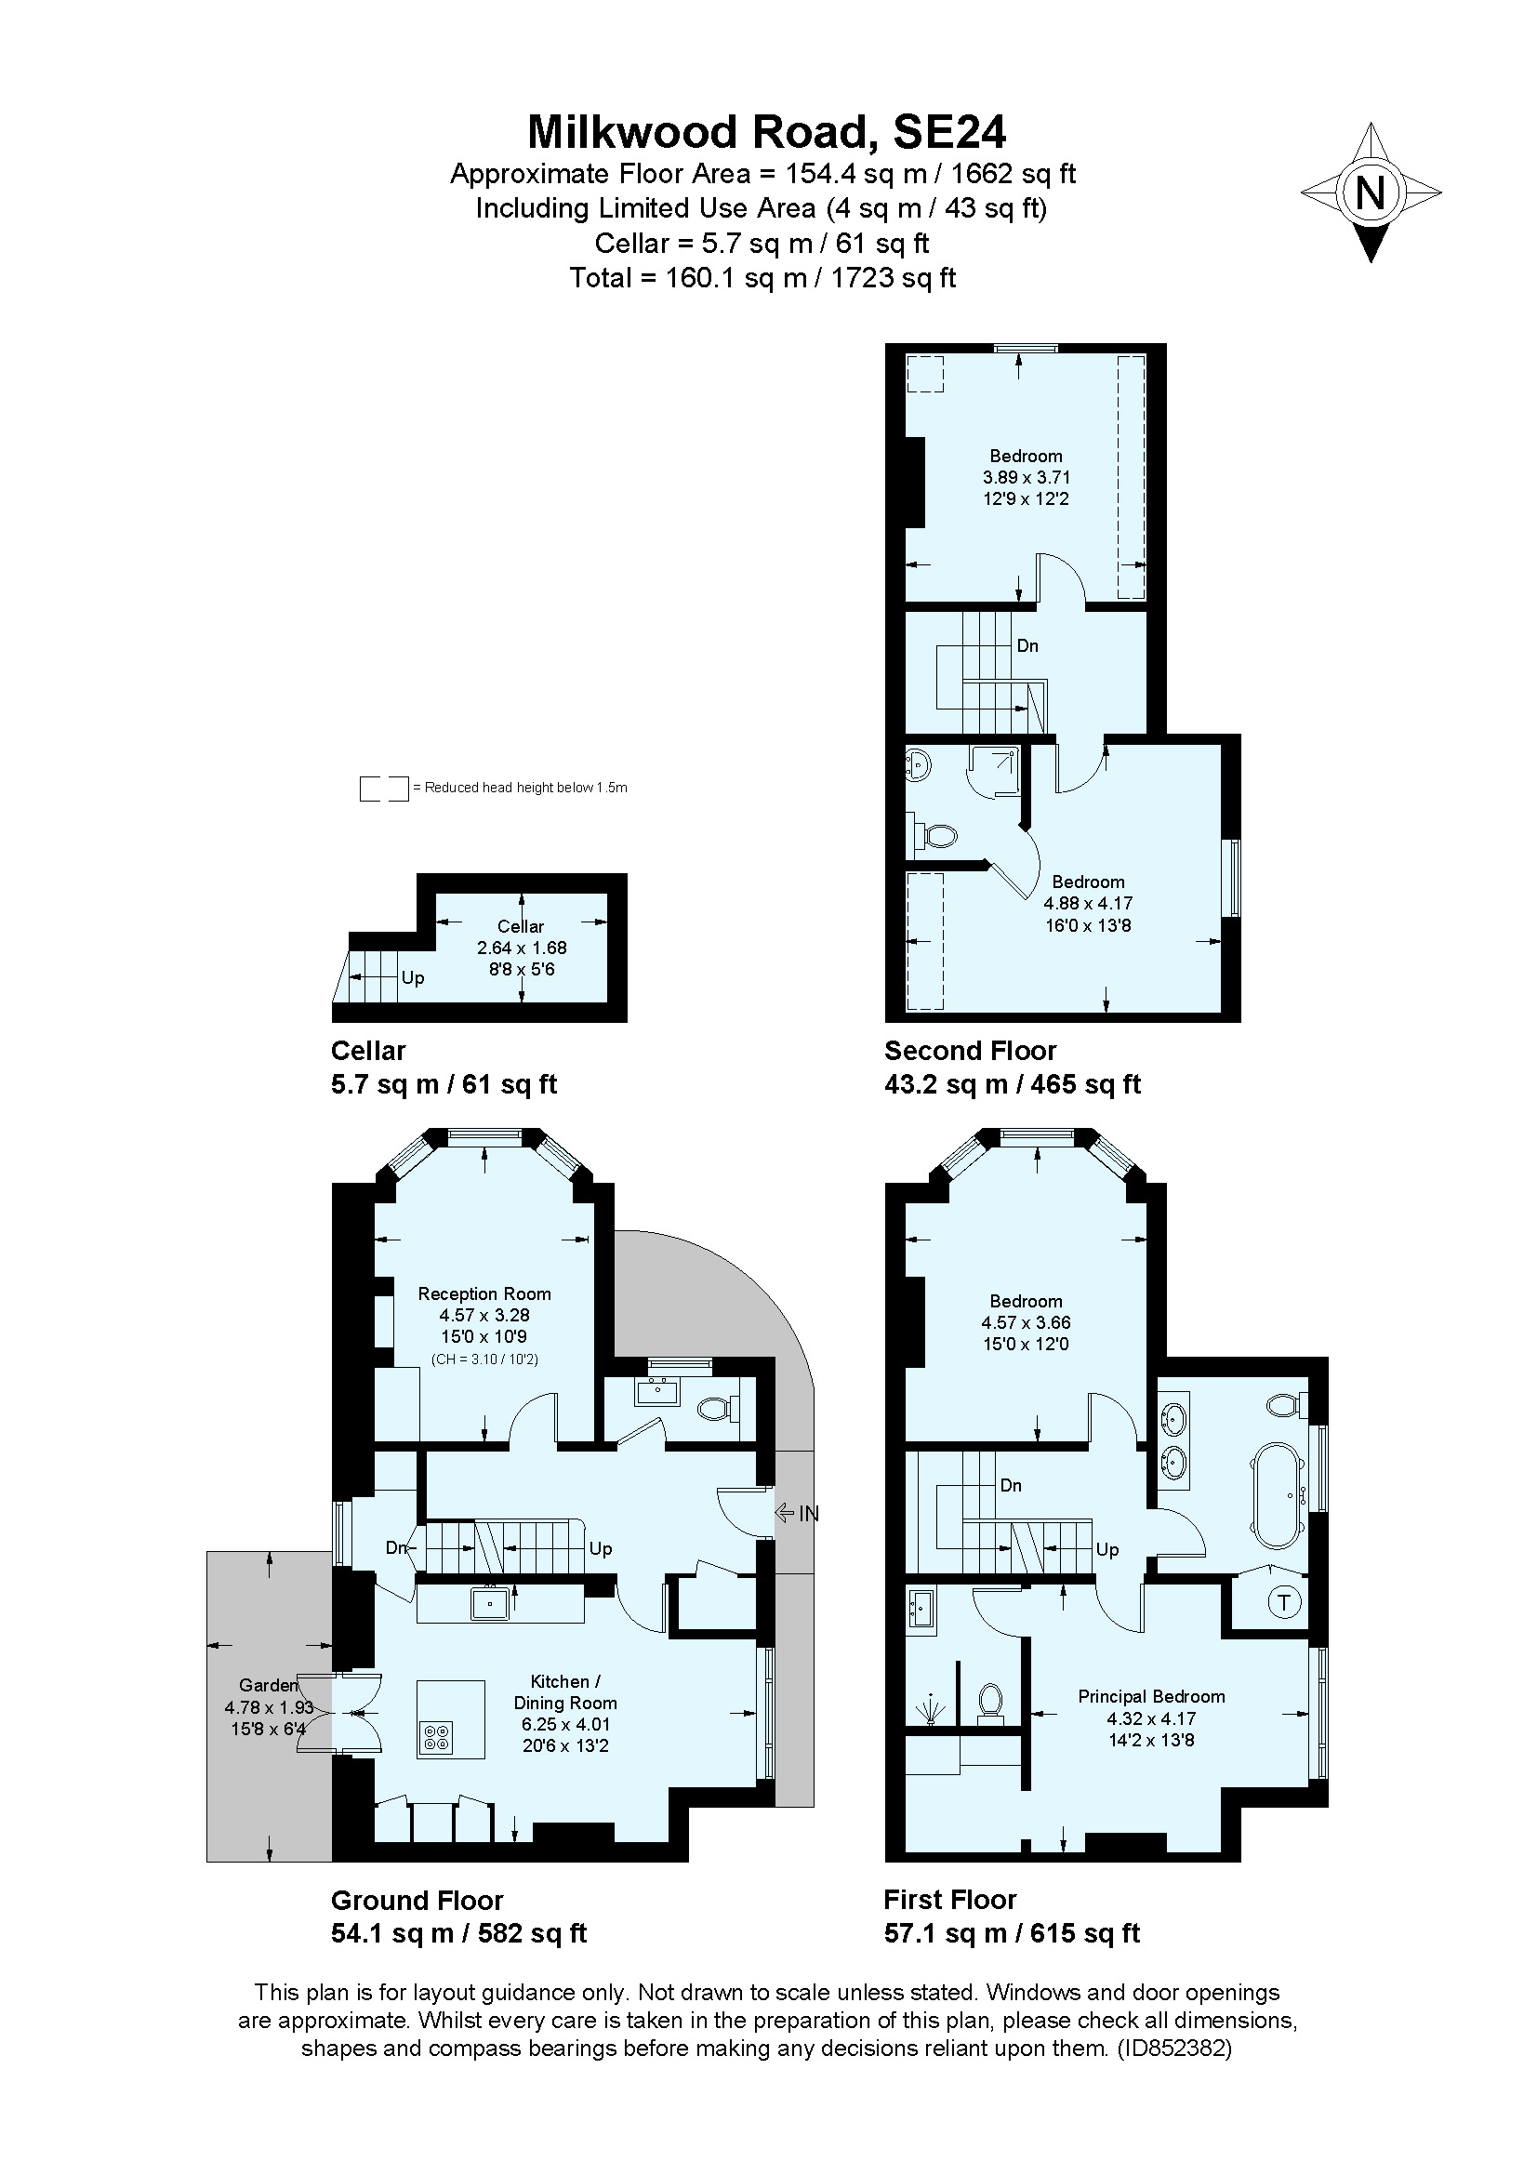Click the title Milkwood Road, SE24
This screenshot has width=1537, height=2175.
[766, 133]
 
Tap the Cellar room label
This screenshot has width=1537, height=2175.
[520, 925]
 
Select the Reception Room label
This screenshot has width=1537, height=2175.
[484, 1293]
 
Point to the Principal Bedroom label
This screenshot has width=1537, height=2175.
[1150, 1696]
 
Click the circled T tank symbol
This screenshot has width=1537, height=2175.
[1283, 1603]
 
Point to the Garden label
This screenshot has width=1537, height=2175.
[268, 1684]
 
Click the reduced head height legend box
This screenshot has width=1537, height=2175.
[383, 788]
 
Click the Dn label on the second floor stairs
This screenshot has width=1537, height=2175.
[1027, 645]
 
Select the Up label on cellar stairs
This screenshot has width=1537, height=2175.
[412, 976]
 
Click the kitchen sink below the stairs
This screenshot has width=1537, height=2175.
[490, 1604]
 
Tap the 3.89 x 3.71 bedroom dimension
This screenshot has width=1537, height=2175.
[1026, 477]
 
